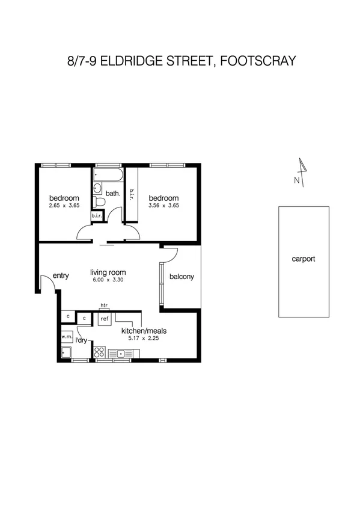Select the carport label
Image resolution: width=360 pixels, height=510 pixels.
pyautogui.click(x=303, y=260)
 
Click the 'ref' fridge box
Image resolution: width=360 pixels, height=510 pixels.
pyautogui.click(x=104, y=319)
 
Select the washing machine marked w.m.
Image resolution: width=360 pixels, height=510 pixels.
pyautogui.click(x=66, y=337)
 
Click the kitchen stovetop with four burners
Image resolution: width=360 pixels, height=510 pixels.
pyautogui.click(x=100, y=352)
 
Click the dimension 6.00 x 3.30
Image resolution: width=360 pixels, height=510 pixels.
pyautogui.click(x=108, y=280)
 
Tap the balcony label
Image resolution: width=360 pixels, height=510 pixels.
pyautogui.click(x=182, y=277)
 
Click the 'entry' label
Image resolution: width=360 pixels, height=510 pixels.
pyautogui.click(x=61, y=276)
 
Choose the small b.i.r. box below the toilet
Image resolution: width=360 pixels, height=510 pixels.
pyautogui.click(x=98, y=216)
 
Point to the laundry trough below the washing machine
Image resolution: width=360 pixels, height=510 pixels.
pyautogui.click(x=66, y=352)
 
